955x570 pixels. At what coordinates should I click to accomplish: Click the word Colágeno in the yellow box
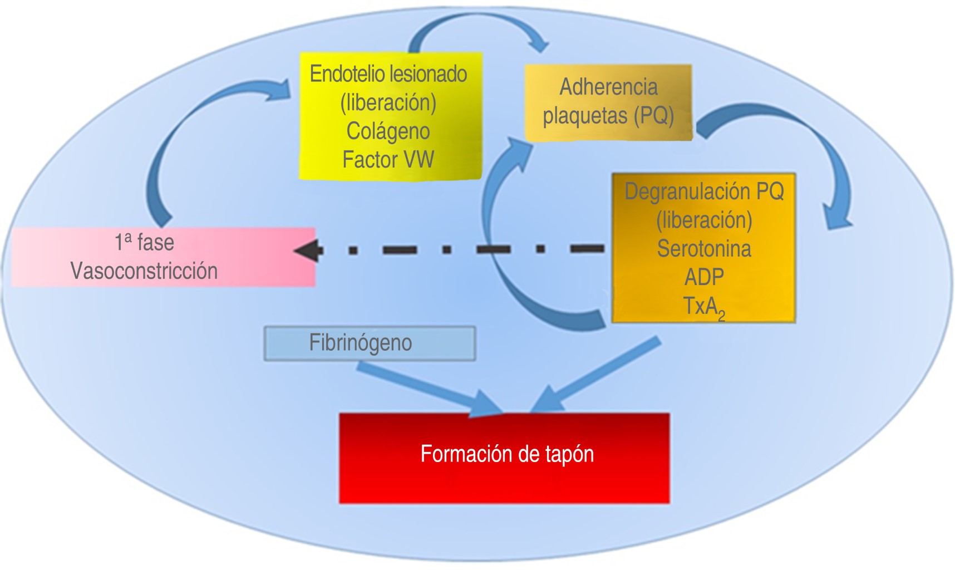click(388, 131)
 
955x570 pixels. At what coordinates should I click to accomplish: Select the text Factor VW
click(388, 160)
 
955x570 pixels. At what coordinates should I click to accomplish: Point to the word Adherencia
click(608, 87)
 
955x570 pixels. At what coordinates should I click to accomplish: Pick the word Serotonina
click(704, 248)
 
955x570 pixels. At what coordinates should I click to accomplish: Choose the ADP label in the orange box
click(704, 277)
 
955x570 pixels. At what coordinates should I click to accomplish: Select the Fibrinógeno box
click(370, 343)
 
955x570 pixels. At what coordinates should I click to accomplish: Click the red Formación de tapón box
click(504, 458)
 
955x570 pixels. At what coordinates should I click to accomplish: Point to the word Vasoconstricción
click(144, 271)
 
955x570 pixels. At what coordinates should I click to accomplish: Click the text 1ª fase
click(144, 243)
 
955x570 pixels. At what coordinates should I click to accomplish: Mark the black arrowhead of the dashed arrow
click(308, 250)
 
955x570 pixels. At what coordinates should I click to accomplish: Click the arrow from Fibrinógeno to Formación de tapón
click(429, 387)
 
